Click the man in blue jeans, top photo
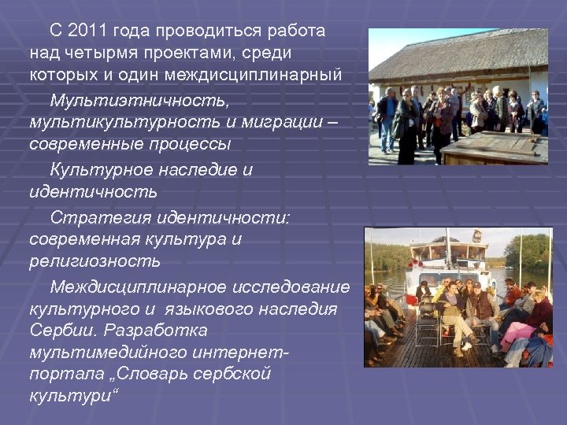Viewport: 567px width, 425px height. (x=387, y=118)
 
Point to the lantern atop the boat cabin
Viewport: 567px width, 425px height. (x=476, y=235)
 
